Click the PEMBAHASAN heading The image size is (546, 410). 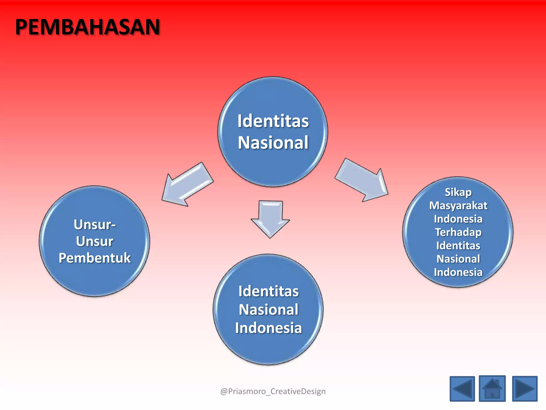(87, 27)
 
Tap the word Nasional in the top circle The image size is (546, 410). (273, 143)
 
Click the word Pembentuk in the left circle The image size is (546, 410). (95, 258)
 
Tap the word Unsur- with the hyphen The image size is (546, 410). (95, 224)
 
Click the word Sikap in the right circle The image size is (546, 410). (458, 192)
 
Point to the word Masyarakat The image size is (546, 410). (458, 206)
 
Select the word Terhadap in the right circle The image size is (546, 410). (458, 232)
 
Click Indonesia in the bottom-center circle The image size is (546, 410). (268, 328)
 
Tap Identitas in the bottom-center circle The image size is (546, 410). (268, 291)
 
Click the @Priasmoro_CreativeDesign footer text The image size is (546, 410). (273, 391)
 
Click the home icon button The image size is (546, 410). (492, 389)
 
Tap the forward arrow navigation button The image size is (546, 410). (525, 389)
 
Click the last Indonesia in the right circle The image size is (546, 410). (458, 272)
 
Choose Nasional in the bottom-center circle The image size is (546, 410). (268, 310)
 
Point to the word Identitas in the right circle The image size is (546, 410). (458, 246)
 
